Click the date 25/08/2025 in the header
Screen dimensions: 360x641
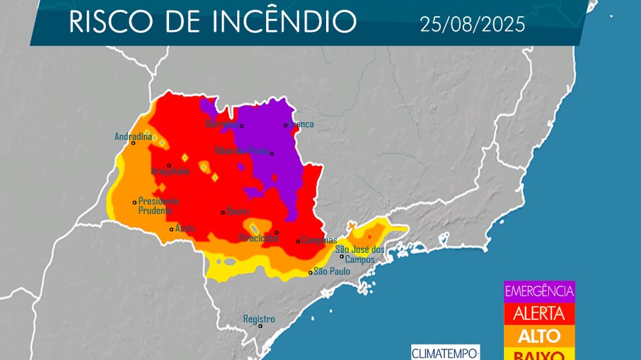(472, 25)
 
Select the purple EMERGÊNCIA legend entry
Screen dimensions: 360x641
(539, 291)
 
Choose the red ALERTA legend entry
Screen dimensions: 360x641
(539, 313)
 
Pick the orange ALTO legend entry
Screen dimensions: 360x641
(539, 335)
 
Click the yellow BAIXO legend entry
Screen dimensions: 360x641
(539, 354)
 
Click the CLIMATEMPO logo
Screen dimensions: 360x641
(445, 352)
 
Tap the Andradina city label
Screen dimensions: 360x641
(134, 137)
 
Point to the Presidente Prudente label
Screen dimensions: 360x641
(158, 205)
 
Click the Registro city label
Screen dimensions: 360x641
(258, 319)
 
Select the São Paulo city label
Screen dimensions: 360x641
(332, 272)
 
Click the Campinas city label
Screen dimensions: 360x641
(319, 240)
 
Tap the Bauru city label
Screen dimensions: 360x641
(238, 211)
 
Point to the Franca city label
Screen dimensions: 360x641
(301, 124)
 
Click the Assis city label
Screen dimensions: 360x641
(185, 228)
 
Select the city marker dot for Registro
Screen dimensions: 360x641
(260, 326)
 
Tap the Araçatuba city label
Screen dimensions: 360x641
(170, 171)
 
